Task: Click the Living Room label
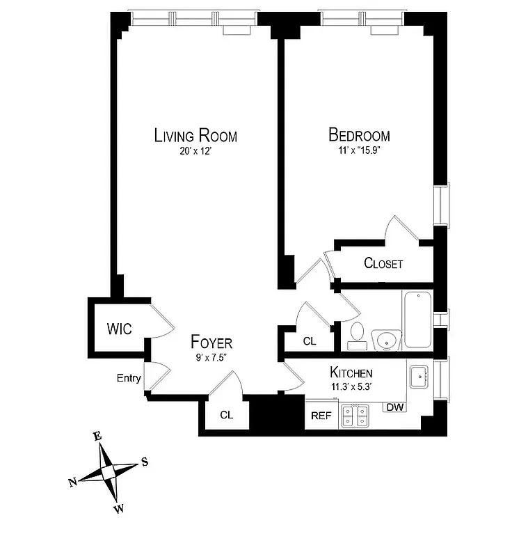coord(195,135)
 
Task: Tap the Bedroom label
coord(359,135)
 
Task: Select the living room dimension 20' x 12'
coord(195,150)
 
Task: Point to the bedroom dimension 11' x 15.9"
coord(360,150)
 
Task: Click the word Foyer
coord(211,343)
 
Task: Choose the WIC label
coord(119,328)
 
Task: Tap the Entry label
coord(129,378)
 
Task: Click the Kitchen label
coord(351,372)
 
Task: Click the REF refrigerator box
coord(321,416)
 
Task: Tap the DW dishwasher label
coord(394,407)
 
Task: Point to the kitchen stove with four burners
coord(354,416)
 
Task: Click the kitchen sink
coord(419,378)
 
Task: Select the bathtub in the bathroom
coord(417,320)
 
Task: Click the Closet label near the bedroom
coord(383,264)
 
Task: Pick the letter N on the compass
coord(73,483)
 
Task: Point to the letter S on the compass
coord(145,461)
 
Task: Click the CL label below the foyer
coord(226,415)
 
